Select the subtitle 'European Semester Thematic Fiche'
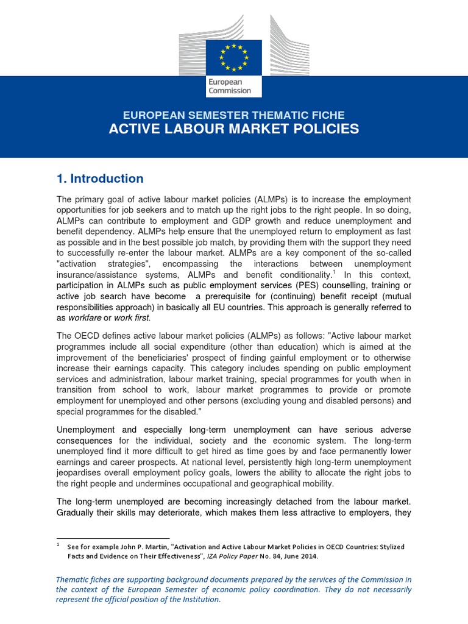(233, 115)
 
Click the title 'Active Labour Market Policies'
(233, 129)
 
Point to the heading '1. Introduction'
(100, 179)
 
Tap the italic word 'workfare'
(84, 317)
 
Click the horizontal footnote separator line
(112, 537)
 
